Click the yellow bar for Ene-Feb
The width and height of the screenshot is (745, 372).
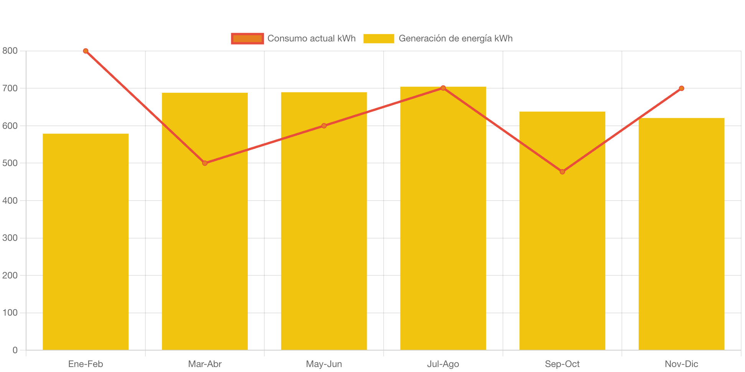point(86,242)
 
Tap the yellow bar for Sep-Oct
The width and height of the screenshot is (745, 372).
point(562,261)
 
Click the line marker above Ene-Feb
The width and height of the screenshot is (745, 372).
point(86,51)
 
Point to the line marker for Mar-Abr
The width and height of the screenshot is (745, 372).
point(205,163)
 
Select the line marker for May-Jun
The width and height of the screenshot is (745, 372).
point(324,126)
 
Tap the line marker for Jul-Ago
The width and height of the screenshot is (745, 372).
point(443,88)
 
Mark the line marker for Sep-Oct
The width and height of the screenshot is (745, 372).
point(562,172)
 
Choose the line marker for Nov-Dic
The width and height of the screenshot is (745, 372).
point(681,88)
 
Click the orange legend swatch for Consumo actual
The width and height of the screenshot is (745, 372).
point(247,38)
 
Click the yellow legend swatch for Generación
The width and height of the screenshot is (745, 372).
point(379,38)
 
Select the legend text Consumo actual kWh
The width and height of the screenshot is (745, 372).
point(312,38)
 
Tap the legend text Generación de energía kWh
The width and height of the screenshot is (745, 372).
point(455,38)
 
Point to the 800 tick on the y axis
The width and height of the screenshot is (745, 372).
point(10,51)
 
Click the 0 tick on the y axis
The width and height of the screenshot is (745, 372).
point(15,350)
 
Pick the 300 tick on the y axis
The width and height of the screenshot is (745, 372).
point(10,238)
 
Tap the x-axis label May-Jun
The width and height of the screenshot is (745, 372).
point(324,364)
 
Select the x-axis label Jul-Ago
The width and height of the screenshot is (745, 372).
point(443,364)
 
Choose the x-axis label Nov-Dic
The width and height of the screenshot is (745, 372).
point(681,364)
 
